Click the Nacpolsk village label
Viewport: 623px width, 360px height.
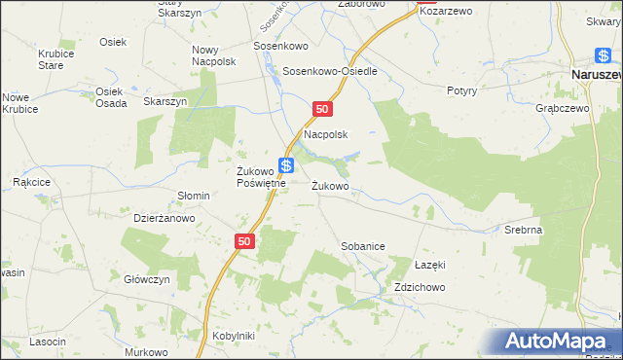(x=326, y=134)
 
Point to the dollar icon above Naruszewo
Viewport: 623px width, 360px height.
(x=604, y=55)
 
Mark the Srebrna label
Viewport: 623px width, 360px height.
(x=523, y=230)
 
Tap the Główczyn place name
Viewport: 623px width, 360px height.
(x=148, y=278)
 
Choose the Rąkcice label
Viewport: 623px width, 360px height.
(x=31, y=182)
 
